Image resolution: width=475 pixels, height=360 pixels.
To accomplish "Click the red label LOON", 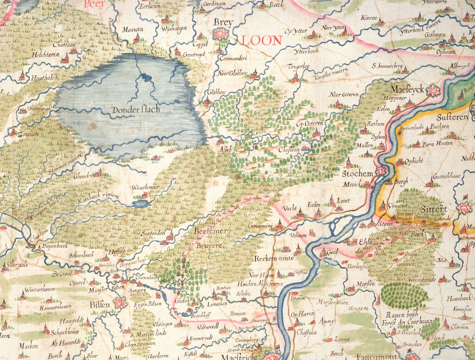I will (x=262, y=41).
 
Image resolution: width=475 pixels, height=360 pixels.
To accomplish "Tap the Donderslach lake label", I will (x=136, y=110).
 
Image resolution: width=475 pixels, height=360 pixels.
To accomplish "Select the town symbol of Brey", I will (x=220, y=35).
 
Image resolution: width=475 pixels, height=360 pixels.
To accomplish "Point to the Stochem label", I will (x=357, y=174).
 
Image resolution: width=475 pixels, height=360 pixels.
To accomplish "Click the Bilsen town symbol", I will (x=120, y=303).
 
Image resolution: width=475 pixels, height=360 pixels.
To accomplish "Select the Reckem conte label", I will (x=274, y=259).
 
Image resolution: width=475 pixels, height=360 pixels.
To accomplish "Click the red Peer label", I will (x=93, y=5).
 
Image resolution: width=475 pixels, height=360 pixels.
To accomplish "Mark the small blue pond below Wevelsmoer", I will (x=140, y=204).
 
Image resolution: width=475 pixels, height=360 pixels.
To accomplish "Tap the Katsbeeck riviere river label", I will (x=98, y=202).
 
